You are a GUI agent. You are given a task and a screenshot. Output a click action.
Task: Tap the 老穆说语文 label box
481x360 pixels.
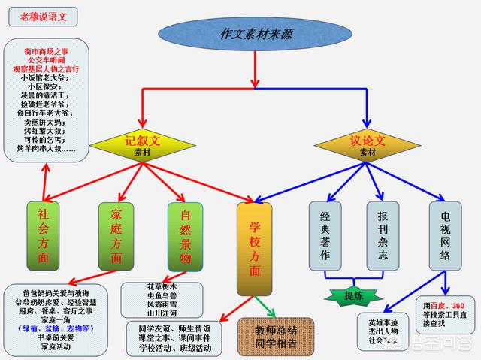coord(47,14)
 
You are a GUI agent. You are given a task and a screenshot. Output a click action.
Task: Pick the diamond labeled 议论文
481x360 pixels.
coord(368,145)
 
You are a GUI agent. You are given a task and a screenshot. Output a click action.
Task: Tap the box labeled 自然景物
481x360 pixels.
coord(186,236)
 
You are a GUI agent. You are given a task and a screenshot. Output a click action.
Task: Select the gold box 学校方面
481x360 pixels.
coord(253,248)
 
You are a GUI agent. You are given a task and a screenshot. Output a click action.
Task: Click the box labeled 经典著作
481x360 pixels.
coord(325,235)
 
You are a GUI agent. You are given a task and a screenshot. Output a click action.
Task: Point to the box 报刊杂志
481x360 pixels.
coord(383,235)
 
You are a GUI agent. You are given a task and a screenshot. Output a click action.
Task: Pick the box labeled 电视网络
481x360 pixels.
coord(446,235)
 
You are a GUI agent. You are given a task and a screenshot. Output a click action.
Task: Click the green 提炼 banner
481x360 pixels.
coord(354,295)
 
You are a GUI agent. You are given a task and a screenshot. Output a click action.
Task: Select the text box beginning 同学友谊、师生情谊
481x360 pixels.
coord(174,337)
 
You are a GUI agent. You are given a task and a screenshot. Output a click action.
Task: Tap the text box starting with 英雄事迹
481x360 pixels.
coord(385,331)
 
